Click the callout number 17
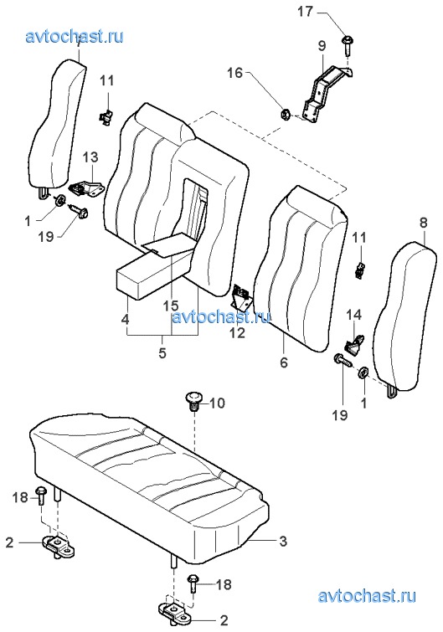tap(305, 11)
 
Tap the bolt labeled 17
tap(347, 45)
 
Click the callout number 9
tap(322, 45)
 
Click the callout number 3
tap(283, 541)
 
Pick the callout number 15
tap(171, 306)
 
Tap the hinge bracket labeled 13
tap(87, 188)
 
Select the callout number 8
tap(423, 223)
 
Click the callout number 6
tap(284, 362)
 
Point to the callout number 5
tap(162, 353)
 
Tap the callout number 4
tap(125, 320)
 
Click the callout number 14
tap(354, 315)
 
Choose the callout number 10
tap(217, 403)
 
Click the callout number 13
tap(90, 157)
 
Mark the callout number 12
tap(238, 333)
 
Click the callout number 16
tap(234, 73)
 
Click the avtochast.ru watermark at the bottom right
tap(367, 596)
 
